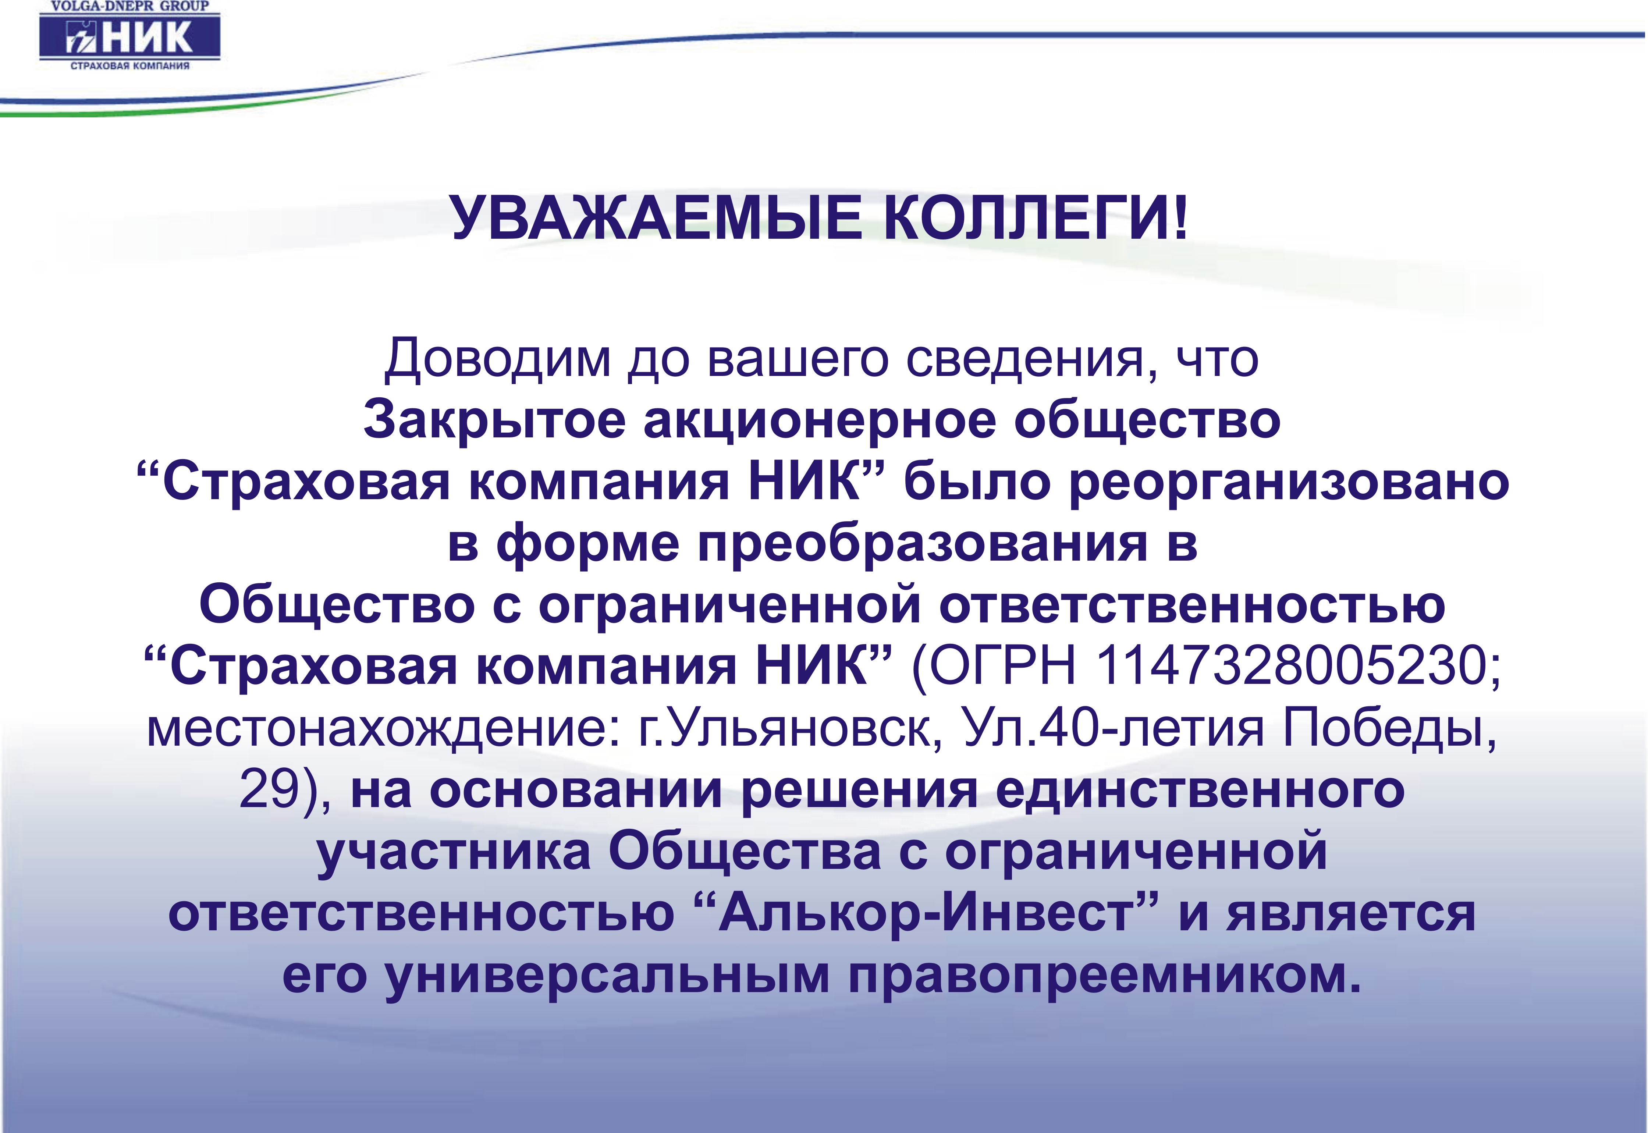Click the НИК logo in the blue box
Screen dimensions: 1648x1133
pyautogui.click(x=130, y=37)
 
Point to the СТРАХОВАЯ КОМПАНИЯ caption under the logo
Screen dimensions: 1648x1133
pyautogui.click(x=130, y=66)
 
